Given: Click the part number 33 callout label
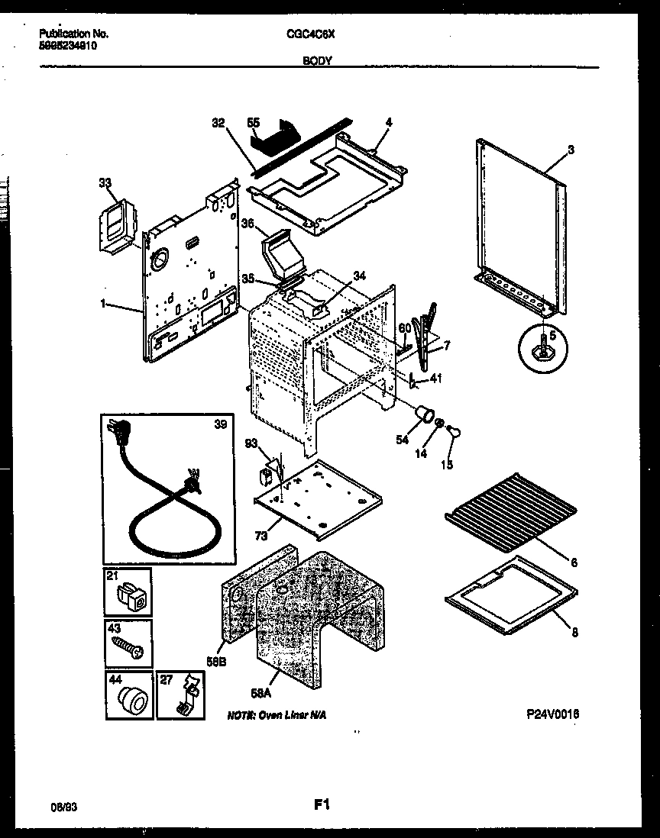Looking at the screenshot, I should pos(105,182).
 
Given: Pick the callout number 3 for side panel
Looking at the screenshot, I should pos(570,149).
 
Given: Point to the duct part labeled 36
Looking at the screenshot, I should pos(277,258).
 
